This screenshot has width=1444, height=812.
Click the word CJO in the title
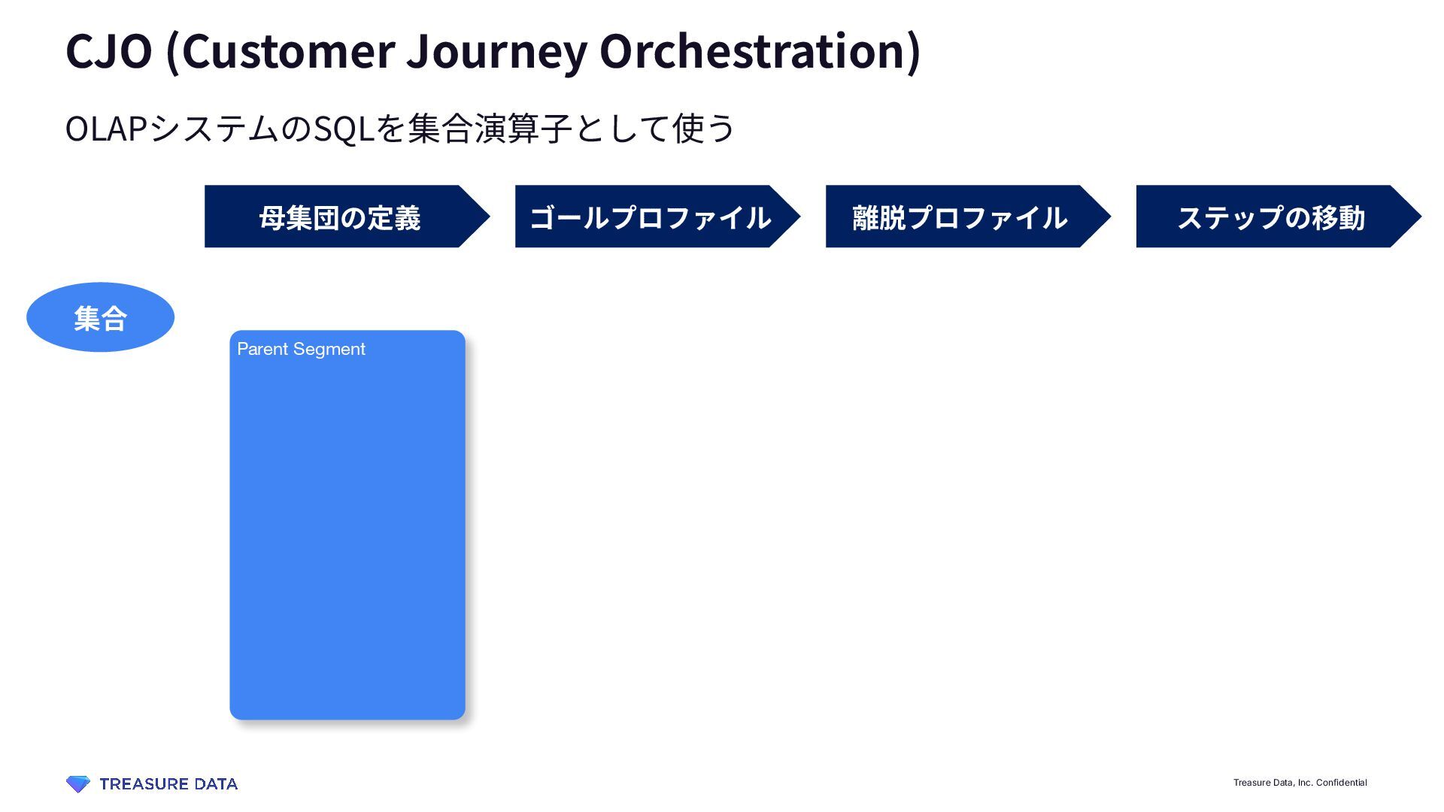click(109, 51)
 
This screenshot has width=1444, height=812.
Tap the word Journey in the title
click(497, 51)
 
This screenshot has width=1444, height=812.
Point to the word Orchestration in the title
click(755, 51)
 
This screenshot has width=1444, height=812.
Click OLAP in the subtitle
click(105, 129)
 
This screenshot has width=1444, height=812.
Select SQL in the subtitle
click(344, 129)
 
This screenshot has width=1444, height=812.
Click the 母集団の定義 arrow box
click(339, 217)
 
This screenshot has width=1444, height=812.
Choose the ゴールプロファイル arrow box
click(650, 217)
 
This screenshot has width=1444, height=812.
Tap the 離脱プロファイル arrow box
click(960, 217)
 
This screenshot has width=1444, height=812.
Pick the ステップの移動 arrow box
click(1270, 217)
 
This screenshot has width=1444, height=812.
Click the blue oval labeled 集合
click(100, 317)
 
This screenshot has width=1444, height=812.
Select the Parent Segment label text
click(301, 349)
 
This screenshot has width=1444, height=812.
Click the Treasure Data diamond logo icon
click(77, 784)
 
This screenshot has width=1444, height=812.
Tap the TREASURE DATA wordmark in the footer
click(168, 784)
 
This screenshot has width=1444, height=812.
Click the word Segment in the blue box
click(329, 349)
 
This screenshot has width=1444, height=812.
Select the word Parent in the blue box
click(262, 349)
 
